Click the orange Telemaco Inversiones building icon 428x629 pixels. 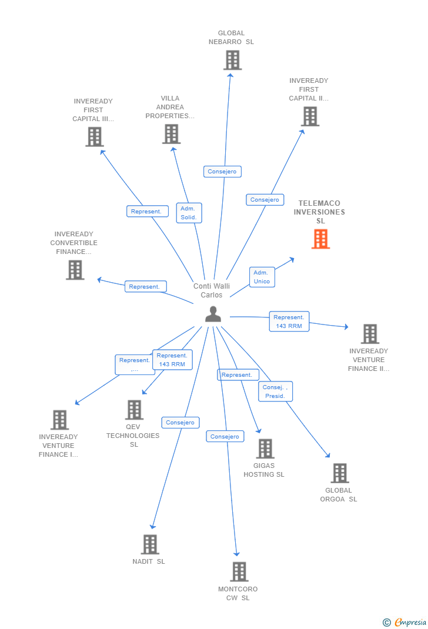click(x=320, y=239)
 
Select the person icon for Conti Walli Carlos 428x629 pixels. click(x=213, y=315)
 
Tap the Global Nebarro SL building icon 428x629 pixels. click(x=232, y=60)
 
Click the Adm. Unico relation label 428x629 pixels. click(x=262, y=277)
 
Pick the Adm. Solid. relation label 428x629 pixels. click(x=189, y=213)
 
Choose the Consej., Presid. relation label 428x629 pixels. click(x=275, y=392)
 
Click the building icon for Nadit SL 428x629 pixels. click(x=150, y=544)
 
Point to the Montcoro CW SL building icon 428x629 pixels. click(x=239, y=571)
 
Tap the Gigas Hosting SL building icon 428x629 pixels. click(x=265, y=449)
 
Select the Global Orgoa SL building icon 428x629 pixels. click(x=339, y=473)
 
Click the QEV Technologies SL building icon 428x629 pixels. click(x=134, y=410)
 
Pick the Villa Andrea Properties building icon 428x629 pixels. click(x=171, y=134)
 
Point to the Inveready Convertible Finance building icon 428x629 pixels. click(x=75, y=270)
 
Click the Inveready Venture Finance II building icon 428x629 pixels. click(x=370, y=334)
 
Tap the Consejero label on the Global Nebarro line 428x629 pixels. click(x=223, y=172)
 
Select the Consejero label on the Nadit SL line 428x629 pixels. click(x=180, y=422)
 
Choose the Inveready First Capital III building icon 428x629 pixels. click(x=94, y=137)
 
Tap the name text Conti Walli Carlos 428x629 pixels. click(x=212, y=290)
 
